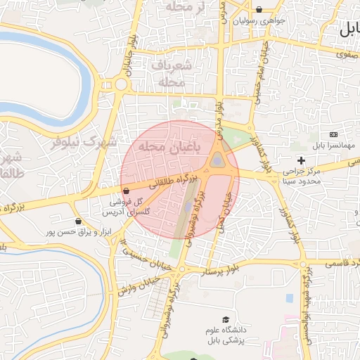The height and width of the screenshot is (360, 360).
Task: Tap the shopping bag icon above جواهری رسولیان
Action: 260,10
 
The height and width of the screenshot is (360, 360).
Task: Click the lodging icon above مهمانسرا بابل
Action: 333,134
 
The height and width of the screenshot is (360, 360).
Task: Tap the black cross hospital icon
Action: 302,160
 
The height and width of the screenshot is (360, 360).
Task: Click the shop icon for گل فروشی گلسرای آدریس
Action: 126,191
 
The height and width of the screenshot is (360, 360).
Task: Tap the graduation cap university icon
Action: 226,320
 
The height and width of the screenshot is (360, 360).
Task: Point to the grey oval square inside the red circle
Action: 217,161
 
